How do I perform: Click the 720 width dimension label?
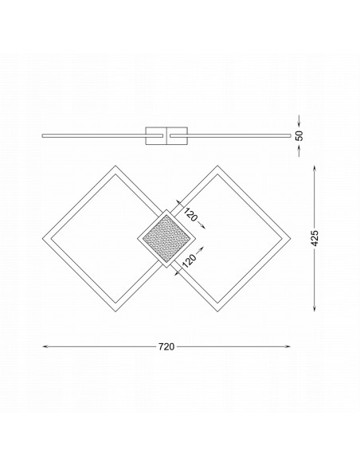166,346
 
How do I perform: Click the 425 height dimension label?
315,238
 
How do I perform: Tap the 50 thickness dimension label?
299,135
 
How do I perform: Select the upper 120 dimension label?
190,214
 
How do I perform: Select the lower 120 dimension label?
189,261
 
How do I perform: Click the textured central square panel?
166,238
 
